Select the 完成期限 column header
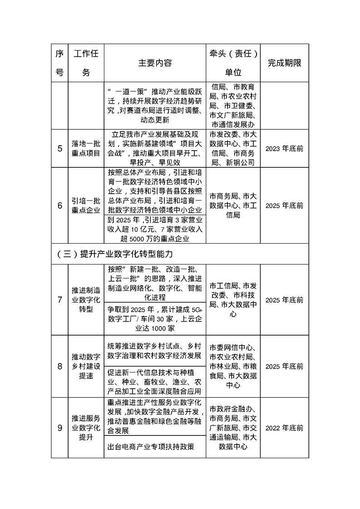click(284, 63)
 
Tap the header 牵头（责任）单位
click(233, 63)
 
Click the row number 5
click(59, 148)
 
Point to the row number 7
click(59, 300)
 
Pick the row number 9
click(59, 428)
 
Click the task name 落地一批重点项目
click(86, 148)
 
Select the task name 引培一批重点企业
click(86, 205)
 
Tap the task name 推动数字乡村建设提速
click(86, 366)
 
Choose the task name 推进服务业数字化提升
click(86, 428)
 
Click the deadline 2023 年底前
click(284, 148)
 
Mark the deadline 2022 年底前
click(284, 428)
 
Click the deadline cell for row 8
click(284, 366)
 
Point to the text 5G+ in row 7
click(197, 309)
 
